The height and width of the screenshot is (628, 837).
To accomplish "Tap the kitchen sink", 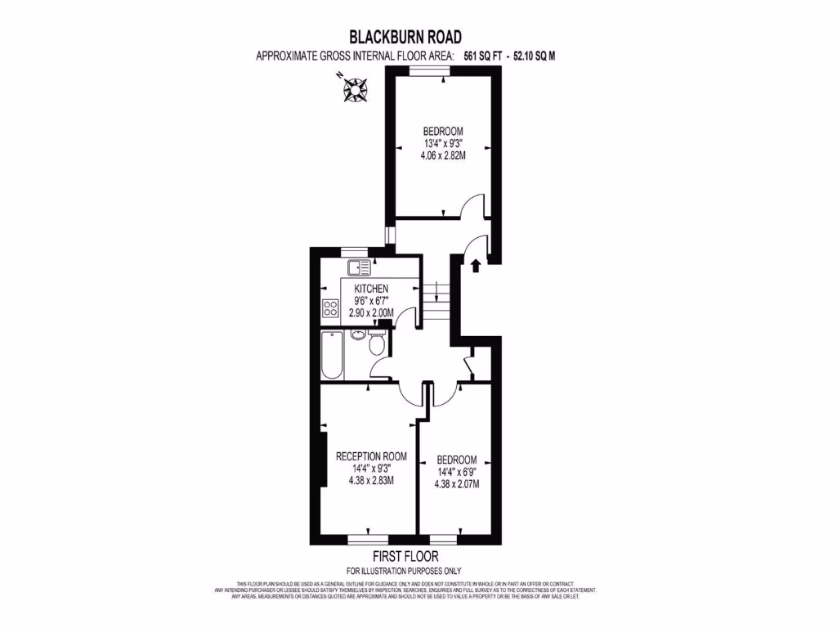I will [x=358, y=267].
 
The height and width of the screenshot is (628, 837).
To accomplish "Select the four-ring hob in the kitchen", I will [x=331, y=308].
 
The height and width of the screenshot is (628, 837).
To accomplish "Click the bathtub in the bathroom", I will [x=332, y=355].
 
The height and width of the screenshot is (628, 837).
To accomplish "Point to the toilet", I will [x=377, y=343].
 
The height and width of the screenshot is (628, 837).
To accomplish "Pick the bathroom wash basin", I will [x=358, y=334].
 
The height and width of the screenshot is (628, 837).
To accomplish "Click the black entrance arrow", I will [x=476, y=264].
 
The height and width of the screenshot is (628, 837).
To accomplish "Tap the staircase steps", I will [x=437, y=303].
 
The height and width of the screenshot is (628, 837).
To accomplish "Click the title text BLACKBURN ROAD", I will [x=405, y=37].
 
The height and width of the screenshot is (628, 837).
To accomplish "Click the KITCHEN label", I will [x=371, y=289].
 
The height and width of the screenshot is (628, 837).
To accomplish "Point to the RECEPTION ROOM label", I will [x=371, y=456].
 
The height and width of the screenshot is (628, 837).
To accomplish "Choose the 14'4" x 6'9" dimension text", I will [x=456, y=472].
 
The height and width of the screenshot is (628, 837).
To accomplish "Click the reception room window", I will [x=367, y=540].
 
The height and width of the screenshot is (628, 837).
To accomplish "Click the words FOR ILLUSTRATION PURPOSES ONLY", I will [x=404, y=571].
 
